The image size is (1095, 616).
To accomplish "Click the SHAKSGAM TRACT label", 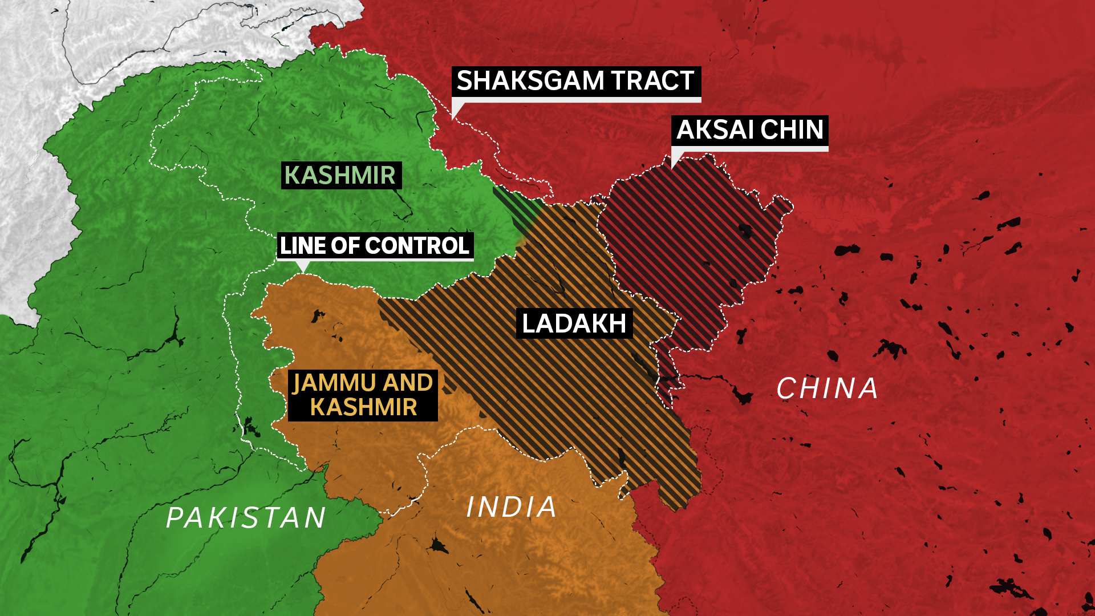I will (576, 82).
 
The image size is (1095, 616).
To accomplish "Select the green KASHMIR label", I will (340, 175).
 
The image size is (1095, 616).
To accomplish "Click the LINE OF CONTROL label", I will (375, 246).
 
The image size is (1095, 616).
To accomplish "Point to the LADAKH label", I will (574, 323).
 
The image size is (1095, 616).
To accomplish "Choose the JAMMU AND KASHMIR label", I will (363, 395).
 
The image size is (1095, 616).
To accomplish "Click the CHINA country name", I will (827, 389).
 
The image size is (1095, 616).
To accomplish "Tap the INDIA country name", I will (512, 507).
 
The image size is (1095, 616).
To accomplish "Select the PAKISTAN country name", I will (246, 518).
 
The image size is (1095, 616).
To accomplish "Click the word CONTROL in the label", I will (417, 246).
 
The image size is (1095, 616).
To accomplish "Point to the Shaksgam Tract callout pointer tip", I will (452, 119).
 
